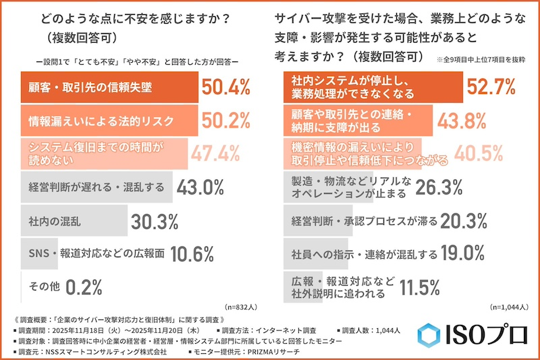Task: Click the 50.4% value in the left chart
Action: click(226, 88)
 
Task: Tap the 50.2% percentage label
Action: click(225, 122)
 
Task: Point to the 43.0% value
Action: click(200, 187)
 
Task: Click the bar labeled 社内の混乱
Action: click(74, 221)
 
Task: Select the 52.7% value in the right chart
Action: click(492, 88)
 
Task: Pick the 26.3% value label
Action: click(440, 186)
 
